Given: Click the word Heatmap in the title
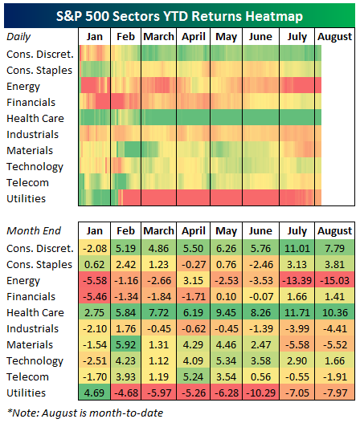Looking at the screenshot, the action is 274,17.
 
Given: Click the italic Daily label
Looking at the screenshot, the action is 18,37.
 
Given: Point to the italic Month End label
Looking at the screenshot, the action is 34,231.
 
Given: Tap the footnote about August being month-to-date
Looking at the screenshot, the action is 85,413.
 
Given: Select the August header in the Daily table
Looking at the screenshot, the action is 334,37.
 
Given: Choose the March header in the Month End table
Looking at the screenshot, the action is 158,231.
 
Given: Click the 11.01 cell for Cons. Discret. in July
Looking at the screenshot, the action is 297,247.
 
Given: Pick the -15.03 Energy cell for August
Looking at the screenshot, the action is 335,280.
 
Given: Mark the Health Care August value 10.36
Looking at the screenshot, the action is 335,312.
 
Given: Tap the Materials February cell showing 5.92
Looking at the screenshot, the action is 125,344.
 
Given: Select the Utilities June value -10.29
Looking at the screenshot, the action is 261,392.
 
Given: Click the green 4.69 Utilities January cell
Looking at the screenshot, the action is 94,392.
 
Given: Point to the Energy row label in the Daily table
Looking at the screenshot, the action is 23,87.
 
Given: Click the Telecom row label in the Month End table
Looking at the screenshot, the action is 27,377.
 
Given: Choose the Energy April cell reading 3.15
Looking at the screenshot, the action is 193,280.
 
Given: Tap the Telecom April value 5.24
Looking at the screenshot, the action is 193,376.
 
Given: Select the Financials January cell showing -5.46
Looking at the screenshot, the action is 94,296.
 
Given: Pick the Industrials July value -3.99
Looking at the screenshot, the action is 297,328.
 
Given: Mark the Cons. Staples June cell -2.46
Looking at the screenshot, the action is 261,264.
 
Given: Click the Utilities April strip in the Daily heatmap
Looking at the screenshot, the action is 193,197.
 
